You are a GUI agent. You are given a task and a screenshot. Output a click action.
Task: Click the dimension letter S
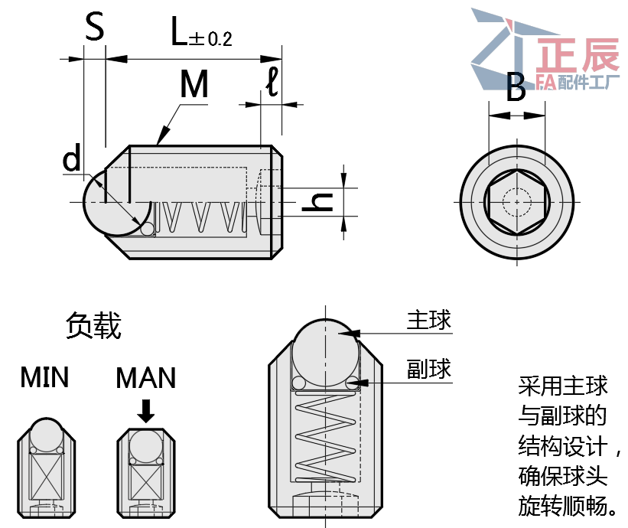pyautogui.click(x=93, y=28)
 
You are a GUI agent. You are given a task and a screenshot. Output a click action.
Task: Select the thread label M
pyautogui.click(x=194, y=85)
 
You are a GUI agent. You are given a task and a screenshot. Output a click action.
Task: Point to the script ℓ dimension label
pyautogui.click(x=272, y=81)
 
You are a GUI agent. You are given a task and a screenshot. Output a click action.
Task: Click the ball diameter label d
pyautogui.click(x=72, y=159)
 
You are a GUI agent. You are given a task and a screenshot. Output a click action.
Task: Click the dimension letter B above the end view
pyautogui.click(x=516, y=89)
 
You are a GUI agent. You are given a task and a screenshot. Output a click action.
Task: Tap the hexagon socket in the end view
pyautogui.click(x=516, y=202)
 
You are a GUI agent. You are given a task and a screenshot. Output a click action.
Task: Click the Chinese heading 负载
pyautogui.click(x=93, y=326)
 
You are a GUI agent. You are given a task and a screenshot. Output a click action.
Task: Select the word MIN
pyautogui.click(x=44, y=377)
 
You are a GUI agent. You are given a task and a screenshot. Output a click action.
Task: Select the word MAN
pyautogui.click(x=145, y=377)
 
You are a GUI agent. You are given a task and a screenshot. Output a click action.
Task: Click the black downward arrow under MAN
pyautogui.click(x=145, y=412)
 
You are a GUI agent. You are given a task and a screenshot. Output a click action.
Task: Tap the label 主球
pyautogui.click(x=428, y=320)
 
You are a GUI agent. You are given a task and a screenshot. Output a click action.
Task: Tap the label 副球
pyautogui.click(x=428, y=370)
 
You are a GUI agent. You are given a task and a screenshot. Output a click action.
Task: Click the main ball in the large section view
pyautogui.click(x=325, y=348)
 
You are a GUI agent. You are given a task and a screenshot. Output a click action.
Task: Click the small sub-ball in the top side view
pyautogui.click(x=147, y=228)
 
